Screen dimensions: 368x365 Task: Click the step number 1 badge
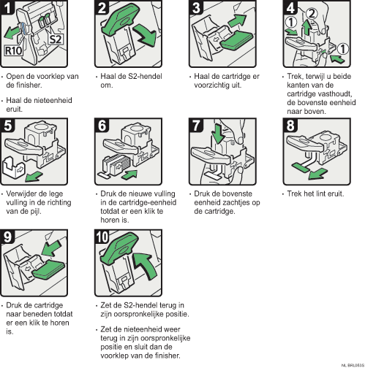(9, 9)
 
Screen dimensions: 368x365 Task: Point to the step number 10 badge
(103, 238)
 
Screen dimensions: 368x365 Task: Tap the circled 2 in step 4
(311, 14)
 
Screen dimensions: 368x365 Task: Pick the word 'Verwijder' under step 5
(23, 194)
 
